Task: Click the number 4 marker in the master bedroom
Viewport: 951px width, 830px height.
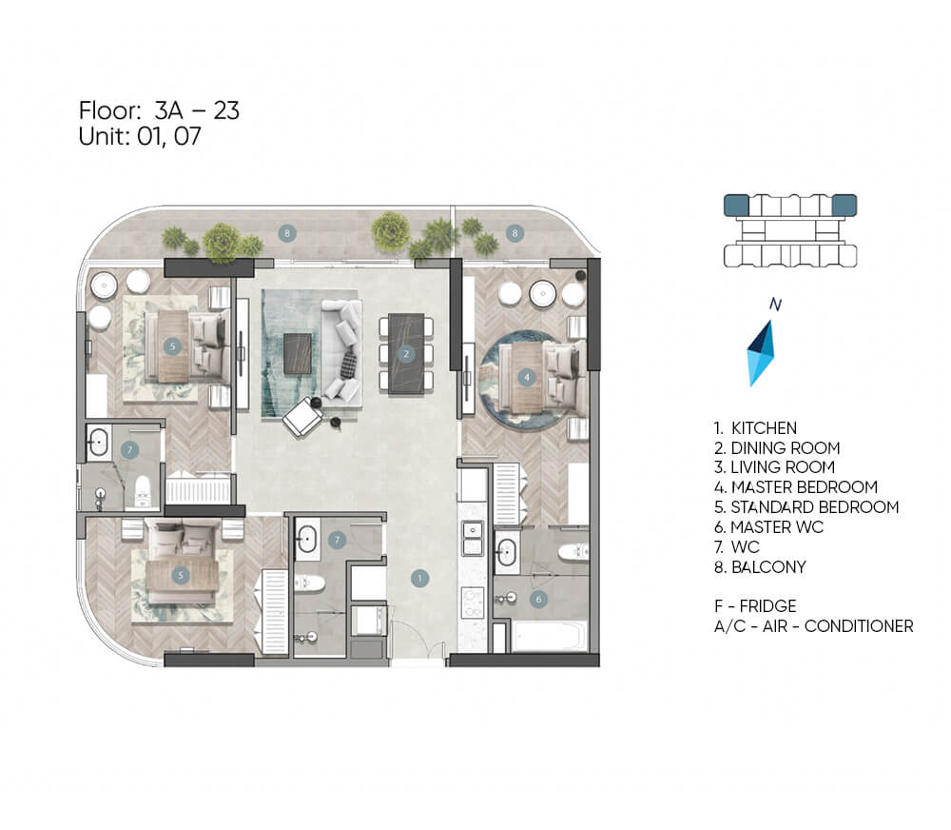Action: click(x=527, y=377)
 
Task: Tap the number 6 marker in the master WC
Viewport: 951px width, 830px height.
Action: click(x=538, y=600)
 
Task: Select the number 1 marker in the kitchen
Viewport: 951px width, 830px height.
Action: click(x=419, y=578)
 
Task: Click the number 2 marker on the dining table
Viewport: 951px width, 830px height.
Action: click(x=406, y=353)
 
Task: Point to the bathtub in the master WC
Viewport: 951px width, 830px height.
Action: click(x=550, y=635)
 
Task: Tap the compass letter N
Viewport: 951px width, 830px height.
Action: click(x=775, y=305)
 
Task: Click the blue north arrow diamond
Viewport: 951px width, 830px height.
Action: click(x=761, y=353)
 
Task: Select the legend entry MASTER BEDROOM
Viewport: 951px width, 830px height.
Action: click(x=796, y=487)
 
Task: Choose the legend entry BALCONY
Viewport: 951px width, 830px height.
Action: click(x=760, y=567)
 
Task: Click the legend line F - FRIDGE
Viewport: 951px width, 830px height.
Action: click(x=755, y=606)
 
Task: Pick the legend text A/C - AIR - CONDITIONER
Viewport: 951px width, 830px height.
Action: click(x=813, y=626)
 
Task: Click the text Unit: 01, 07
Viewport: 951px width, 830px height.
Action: click(x=140, y=136)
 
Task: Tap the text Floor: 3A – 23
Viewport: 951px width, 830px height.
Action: click(x=159, y=110)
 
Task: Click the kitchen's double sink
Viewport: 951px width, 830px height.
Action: click(x=473, y=538)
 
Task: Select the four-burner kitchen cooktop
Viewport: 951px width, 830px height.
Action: click(x=473, y=603)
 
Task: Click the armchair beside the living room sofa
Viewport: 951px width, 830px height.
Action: click(x=302, y=419)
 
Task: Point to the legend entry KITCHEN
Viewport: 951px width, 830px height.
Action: click(x=755, y=428)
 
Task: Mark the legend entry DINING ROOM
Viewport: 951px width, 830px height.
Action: click(x=777, y=448)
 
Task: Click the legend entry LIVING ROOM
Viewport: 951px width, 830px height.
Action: click(x=774, y=467)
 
